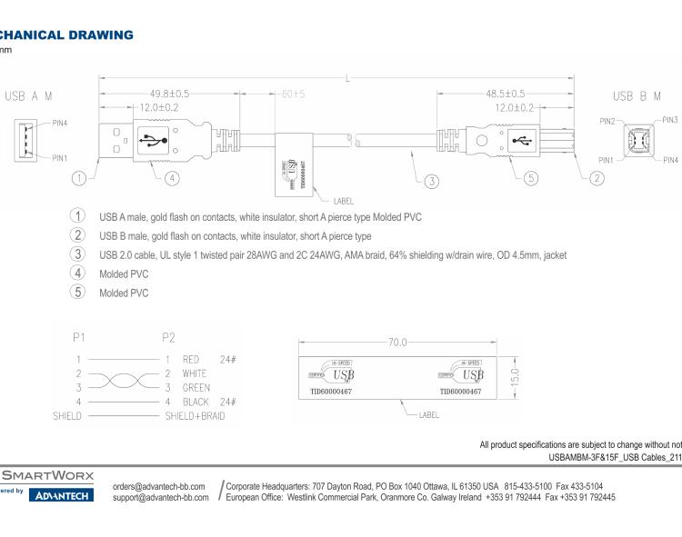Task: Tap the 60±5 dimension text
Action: point(293,94)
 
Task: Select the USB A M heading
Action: point(29,94)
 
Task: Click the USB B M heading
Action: point(635,95)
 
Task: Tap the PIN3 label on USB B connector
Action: point(670,119)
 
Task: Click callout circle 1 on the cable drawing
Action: point(81,178)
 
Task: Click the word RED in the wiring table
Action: point(191,359)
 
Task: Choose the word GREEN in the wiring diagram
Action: point(196,387)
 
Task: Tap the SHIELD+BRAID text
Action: point(195,415)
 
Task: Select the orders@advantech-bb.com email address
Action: point(159,486)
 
